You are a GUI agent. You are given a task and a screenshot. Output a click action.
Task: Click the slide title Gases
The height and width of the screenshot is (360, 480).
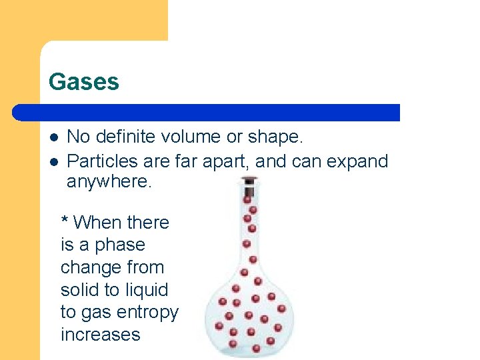coord(84,82)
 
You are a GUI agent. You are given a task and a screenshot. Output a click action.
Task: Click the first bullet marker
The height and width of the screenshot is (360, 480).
coord(54,137)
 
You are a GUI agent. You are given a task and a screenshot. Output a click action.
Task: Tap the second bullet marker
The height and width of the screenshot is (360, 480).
coord(54,161)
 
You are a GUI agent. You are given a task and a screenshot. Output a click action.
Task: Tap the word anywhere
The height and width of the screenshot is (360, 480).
coord(109,182)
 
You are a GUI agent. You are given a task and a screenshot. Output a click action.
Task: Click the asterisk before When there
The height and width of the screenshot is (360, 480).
coord(65,221)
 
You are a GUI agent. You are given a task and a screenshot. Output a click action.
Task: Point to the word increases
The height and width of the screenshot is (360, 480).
coord(100,335)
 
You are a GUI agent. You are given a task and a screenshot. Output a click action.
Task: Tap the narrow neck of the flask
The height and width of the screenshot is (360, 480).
coord(249,227)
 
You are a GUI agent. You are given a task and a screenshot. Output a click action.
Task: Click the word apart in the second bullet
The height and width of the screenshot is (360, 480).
coord(227,161)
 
